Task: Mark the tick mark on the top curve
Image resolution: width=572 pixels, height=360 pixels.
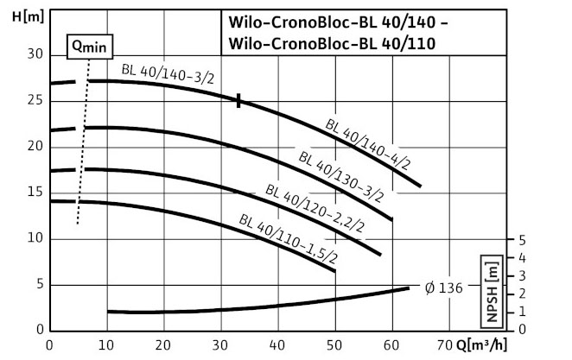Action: (x=238, y=101)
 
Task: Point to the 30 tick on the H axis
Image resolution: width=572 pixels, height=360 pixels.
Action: (x=35, y=54)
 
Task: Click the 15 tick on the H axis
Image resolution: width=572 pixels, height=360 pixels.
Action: (x=35, y=193)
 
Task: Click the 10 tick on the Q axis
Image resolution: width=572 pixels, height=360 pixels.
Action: (x=106, y=346)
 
